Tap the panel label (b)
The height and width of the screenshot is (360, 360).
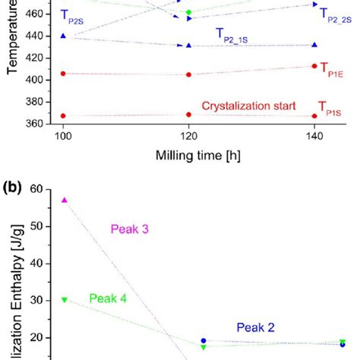pyautogui.click(x=16, y=185)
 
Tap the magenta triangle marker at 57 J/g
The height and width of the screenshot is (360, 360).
pyautogui.click(x=65, y=200)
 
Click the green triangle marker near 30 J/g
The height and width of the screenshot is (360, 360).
pyautogui.click(x=65, y=299)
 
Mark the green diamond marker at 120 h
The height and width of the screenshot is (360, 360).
pyautogui.click(x=188, y=12)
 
